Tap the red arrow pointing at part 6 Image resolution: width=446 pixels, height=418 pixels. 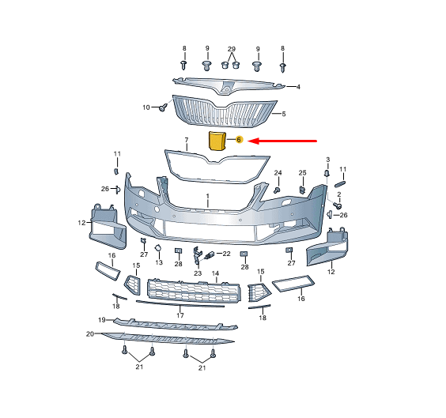[282, 141]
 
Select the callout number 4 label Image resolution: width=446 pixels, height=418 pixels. [298, 87]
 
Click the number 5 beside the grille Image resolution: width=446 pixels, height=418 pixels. [284, 114]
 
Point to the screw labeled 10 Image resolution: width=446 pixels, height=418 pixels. [163, 107]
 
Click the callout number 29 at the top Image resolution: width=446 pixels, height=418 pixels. [232, 49]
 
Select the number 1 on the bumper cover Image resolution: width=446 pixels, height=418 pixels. [208, 196]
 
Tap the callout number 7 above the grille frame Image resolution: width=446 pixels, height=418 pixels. [187, 140]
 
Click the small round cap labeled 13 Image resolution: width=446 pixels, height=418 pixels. [158, 249]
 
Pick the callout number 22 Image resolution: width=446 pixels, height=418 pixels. [226, 254]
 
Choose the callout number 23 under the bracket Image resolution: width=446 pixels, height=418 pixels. [198, 273]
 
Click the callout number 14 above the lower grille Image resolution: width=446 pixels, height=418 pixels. [215, 273]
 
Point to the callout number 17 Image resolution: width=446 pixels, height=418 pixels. [180, 315]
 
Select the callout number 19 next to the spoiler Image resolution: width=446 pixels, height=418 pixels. [102, 320]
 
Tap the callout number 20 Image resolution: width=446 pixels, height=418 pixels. [90, 334]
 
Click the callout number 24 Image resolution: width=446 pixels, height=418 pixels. [278, 173]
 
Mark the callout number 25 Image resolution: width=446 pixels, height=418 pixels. [302, 173]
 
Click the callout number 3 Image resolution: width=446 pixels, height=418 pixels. [327, 160]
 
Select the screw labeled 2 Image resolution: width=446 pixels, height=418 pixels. [338, 205]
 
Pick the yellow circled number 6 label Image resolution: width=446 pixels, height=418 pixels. [239, 140]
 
